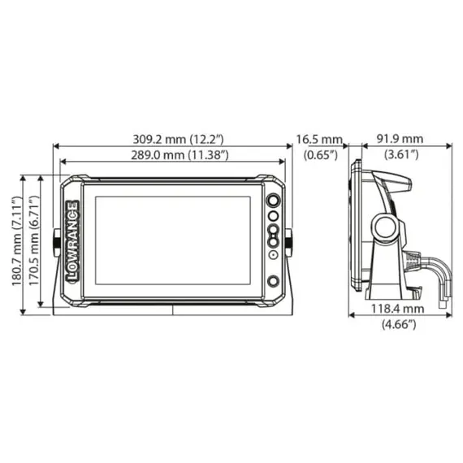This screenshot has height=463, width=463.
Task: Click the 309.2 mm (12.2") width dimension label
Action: click(172, 139)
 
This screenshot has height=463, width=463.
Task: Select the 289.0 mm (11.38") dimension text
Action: click(172, 154)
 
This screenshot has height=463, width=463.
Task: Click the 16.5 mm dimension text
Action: click(319, 139)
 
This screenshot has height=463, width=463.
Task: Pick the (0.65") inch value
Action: click(319, 154)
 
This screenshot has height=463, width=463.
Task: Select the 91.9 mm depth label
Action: click(402, 139)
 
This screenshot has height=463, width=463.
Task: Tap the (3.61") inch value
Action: click(402, 154)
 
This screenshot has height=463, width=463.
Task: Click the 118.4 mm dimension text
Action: click(398, 309)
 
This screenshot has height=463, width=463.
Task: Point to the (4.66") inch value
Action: click(398, 325)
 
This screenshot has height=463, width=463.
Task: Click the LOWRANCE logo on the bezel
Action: click(71, 240)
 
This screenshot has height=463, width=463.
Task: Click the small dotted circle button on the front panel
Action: click(274, 255)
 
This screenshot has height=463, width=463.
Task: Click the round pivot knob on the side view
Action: click(384, 228)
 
